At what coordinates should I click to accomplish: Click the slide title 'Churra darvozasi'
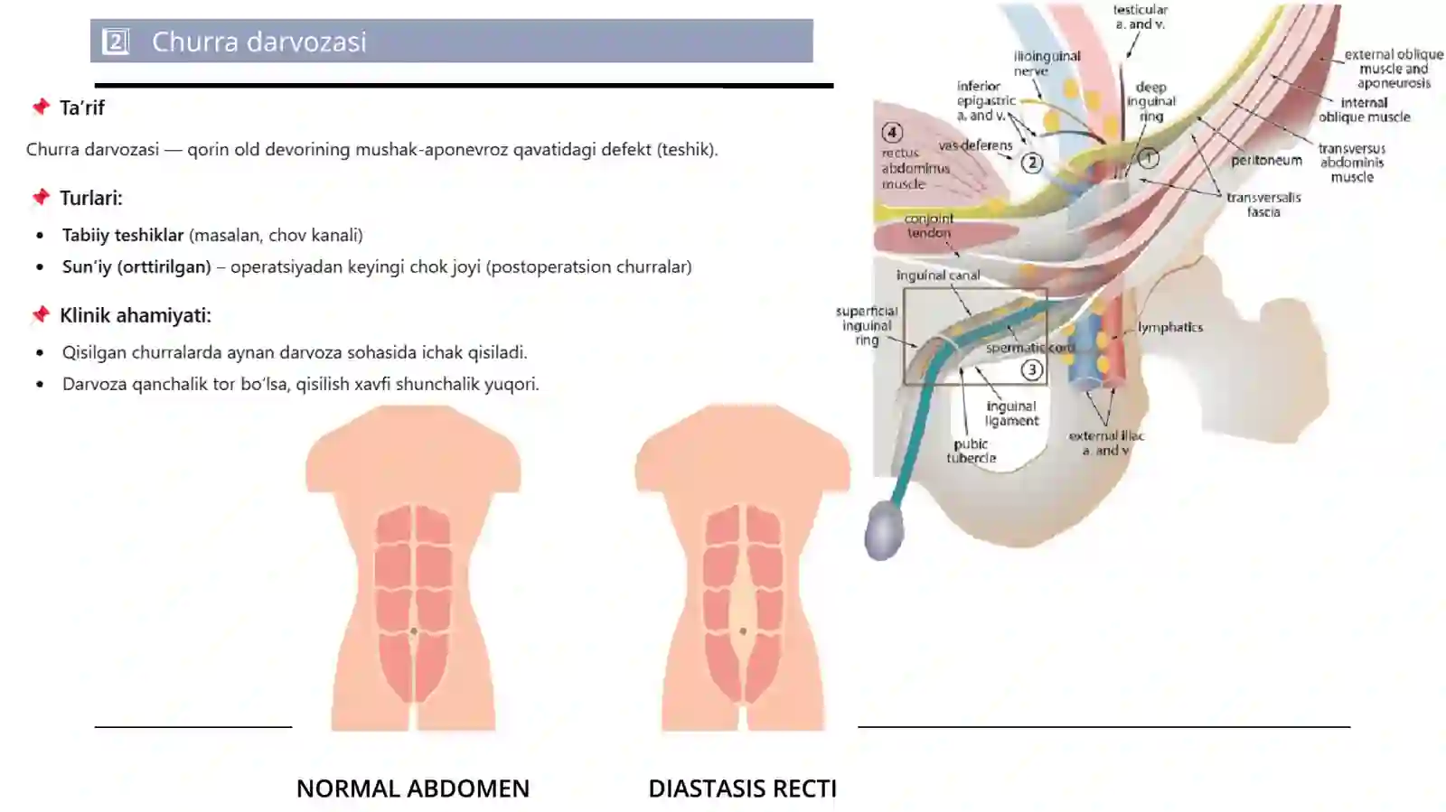click(258, 42)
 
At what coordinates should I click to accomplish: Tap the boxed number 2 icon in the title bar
click(116, 42)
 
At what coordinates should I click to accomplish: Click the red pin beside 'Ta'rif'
click(42, 107)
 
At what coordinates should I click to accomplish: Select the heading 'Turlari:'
click(91, 198)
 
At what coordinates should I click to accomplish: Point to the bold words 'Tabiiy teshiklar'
click(123, 235)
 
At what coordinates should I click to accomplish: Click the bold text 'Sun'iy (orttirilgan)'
click(136, 267)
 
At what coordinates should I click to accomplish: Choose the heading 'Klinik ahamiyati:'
click(136, 315)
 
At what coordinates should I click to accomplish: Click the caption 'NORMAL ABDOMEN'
click(413, 789)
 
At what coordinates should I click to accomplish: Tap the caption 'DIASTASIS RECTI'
click(742, 789)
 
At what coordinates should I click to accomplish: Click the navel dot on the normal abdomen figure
click(414, 631)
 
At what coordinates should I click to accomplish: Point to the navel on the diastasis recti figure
click(743, 631)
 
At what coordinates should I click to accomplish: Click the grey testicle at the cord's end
click(884, 531)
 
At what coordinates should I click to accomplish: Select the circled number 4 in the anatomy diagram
click(892, 133)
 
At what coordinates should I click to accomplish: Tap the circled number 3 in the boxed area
click(1031, 370)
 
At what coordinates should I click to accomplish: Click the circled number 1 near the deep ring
click(1148, 158)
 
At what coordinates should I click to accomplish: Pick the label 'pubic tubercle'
click(972, 451)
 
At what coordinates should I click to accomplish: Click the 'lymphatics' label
click(1170, 327)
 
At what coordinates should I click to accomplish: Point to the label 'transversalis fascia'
click(1263, 204)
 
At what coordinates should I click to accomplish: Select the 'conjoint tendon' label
click(929, 226)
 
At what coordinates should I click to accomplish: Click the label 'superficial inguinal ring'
click(867, 326)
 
